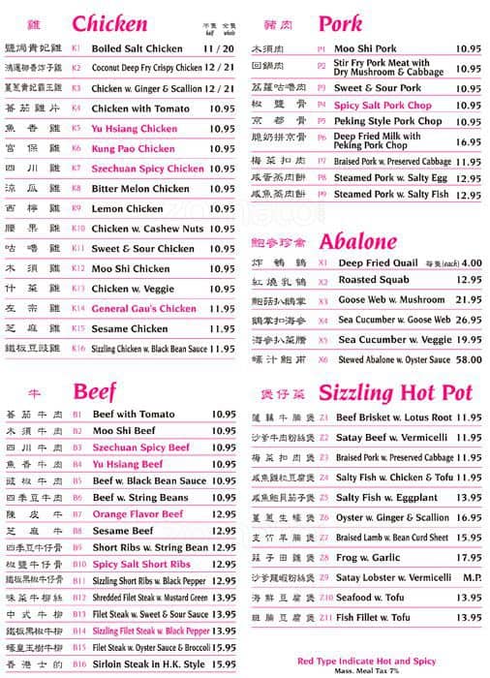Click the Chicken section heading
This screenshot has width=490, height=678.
(109, 23)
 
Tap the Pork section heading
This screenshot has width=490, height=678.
(340, 23)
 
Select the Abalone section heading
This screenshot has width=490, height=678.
(357, 240)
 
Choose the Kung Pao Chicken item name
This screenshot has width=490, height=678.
(134, 149)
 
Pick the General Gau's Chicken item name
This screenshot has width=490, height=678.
(144, 309)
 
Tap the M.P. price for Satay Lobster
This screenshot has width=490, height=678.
(471, 577)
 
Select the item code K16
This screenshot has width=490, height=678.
(78, 349)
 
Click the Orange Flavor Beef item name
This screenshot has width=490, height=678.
(137, 514)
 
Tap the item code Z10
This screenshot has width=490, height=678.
(324, 597)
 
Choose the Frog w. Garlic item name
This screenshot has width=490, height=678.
(368, 557)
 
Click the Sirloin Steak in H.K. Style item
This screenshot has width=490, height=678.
(149, 664)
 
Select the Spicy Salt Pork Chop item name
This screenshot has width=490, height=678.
(383, 105)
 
